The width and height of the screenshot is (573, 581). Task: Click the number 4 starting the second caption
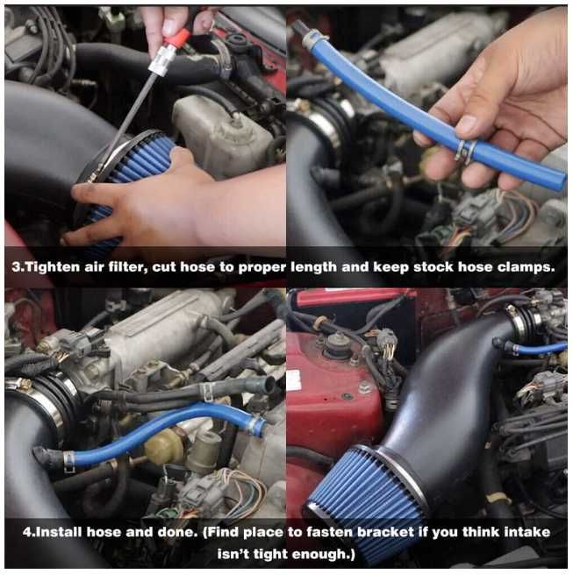[x=26, y=533]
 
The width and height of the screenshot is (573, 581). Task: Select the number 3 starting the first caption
[x=16, y=267]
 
